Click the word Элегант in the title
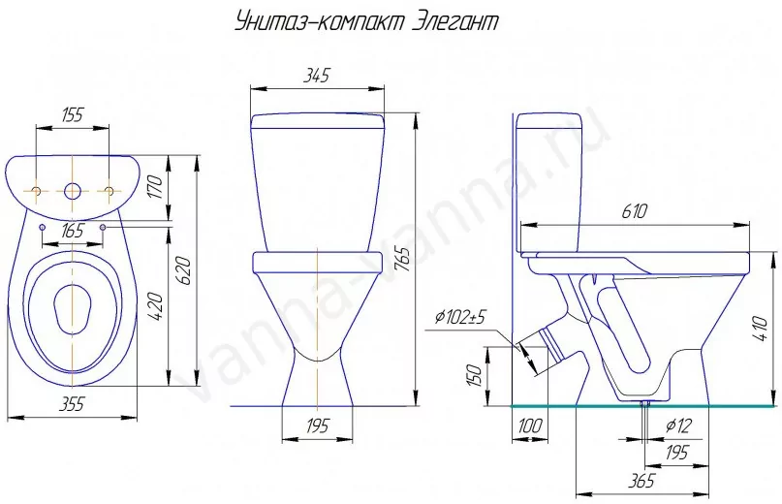tap(455, 22)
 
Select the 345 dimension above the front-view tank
tap(317, 76)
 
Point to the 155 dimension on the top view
tap(73, 115)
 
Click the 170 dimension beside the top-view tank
tap(156, 187)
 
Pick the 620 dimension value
tap(185, 270)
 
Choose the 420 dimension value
tap(156, 307)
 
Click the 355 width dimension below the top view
tap(73, 404)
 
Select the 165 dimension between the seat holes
tap(73, 232)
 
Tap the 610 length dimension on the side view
tap(634, 211)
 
